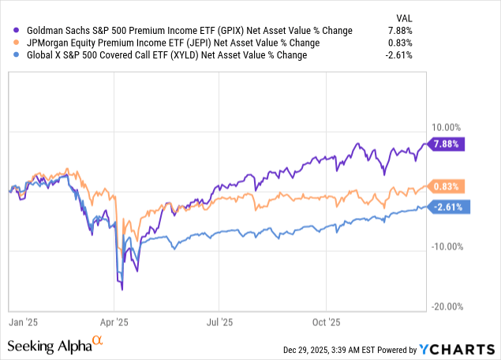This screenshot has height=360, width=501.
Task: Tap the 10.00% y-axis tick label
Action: click(447, 127)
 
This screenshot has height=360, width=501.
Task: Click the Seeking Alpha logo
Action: click(56, 345)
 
